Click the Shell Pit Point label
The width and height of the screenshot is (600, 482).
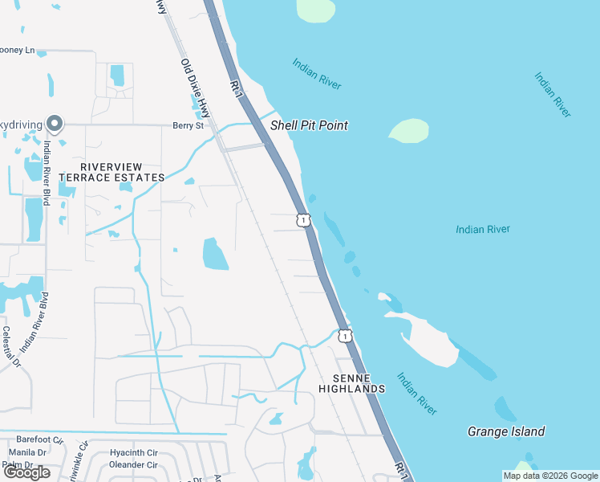(309, 125)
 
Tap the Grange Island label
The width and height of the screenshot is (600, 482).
(506, 431)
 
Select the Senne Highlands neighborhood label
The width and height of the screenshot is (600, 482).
(351, 383)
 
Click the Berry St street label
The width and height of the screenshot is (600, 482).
(189, 125)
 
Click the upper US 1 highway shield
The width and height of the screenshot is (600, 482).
(302, 219)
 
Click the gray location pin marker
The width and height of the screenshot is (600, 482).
(55, 123)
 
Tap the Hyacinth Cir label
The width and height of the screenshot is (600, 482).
(133, 453)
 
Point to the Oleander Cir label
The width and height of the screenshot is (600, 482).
(133, 464)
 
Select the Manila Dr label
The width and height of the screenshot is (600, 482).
(21, 452)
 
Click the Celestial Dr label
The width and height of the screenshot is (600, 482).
(10, 346)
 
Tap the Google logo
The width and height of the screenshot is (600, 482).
(26, 472)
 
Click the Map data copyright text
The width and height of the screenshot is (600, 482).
(549, 476)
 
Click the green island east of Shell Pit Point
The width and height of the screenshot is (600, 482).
(409, 130)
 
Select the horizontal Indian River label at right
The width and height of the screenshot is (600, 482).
(483, 230)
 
